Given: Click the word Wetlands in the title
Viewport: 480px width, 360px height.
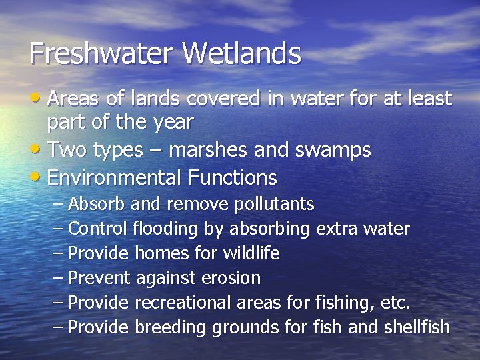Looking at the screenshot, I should pos(243,53).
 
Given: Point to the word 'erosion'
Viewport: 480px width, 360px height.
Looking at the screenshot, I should pos(233,278).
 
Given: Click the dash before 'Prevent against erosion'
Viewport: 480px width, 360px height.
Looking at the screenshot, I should pos(58,278).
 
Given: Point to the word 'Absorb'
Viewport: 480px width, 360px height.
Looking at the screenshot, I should pos(97,203).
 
